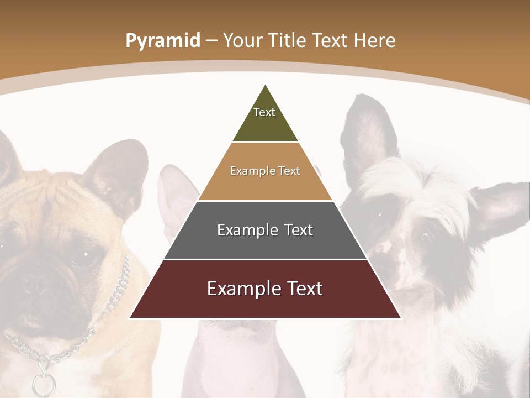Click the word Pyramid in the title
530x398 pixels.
(x=163, y=41)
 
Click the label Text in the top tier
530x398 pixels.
(x=264, y=112)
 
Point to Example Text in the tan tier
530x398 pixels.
(x=265, y=171)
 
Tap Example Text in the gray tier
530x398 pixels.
(x=265, y=230)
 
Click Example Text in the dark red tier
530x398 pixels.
(x=265, y=289)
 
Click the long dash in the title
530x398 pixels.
(x=211, y=41)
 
